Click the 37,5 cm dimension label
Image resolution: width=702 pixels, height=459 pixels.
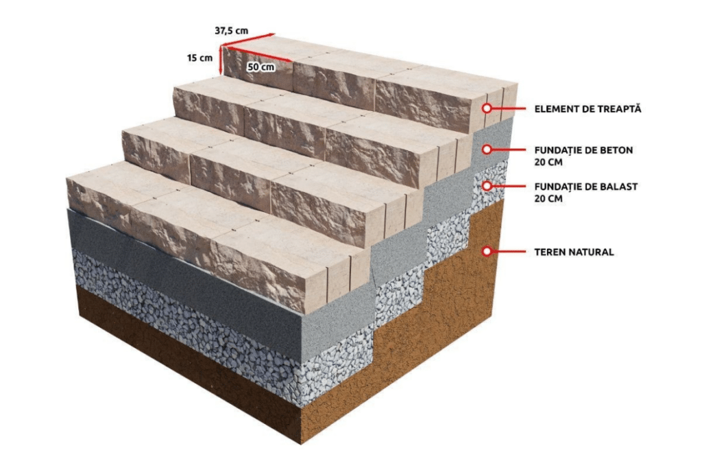[232, 31]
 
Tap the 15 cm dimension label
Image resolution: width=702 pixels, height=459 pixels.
[199, 58]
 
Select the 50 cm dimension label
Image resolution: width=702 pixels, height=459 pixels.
[261, 67]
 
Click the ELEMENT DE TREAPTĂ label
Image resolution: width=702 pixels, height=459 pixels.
[588, 108]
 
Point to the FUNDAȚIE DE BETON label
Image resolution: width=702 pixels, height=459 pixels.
[583, 149]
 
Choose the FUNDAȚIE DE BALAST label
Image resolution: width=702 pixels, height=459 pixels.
[585, 186]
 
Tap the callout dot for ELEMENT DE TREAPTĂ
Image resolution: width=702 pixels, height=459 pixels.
[487, 108]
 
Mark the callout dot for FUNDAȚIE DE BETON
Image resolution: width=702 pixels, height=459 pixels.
[487, 148]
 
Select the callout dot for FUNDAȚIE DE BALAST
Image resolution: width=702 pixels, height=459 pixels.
[487, 185]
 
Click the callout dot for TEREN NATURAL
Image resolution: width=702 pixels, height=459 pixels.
[487, 252]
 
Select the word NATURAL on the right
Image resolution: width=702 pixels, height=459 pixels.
[594, 252]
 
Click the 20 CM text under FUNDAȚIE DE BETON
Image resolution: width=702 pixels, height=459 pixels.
[547, 163]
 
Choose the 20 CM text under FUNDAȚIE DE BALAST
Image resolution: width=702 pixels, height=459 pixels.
[547, 199]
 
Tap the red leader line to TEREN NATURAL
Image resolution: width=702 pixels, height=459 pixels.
[511, 252]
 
